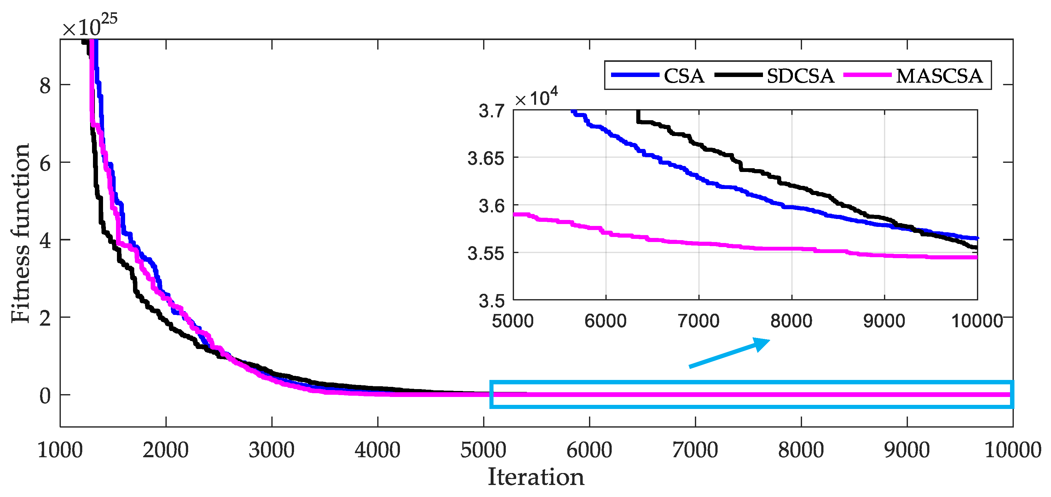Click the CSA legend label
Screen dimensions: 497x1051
[684, 76]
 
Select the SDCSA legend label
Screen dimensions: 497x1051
[800, 76]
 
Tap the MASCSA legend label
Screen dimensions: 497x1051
[939, 76]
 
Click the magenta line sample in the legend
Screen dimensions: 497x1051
[867, 75]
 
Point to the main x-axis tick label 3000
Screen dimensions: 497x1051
[271, 450]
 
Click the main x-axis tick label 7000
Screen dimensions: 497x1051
[695, 450]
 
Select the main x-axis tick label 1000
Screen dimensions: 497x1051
[60, 450]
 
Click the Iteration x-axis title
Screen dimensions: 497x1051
[536, 477]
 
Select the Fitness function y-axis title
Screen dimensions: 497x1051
[20, 233]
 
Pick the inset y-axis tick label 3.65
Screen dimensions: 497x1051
[486, 158]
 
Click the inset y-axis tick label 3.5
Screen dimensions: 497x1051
[491, 301]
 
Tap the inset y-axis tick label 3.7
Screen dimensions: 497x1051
[491, 111]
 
